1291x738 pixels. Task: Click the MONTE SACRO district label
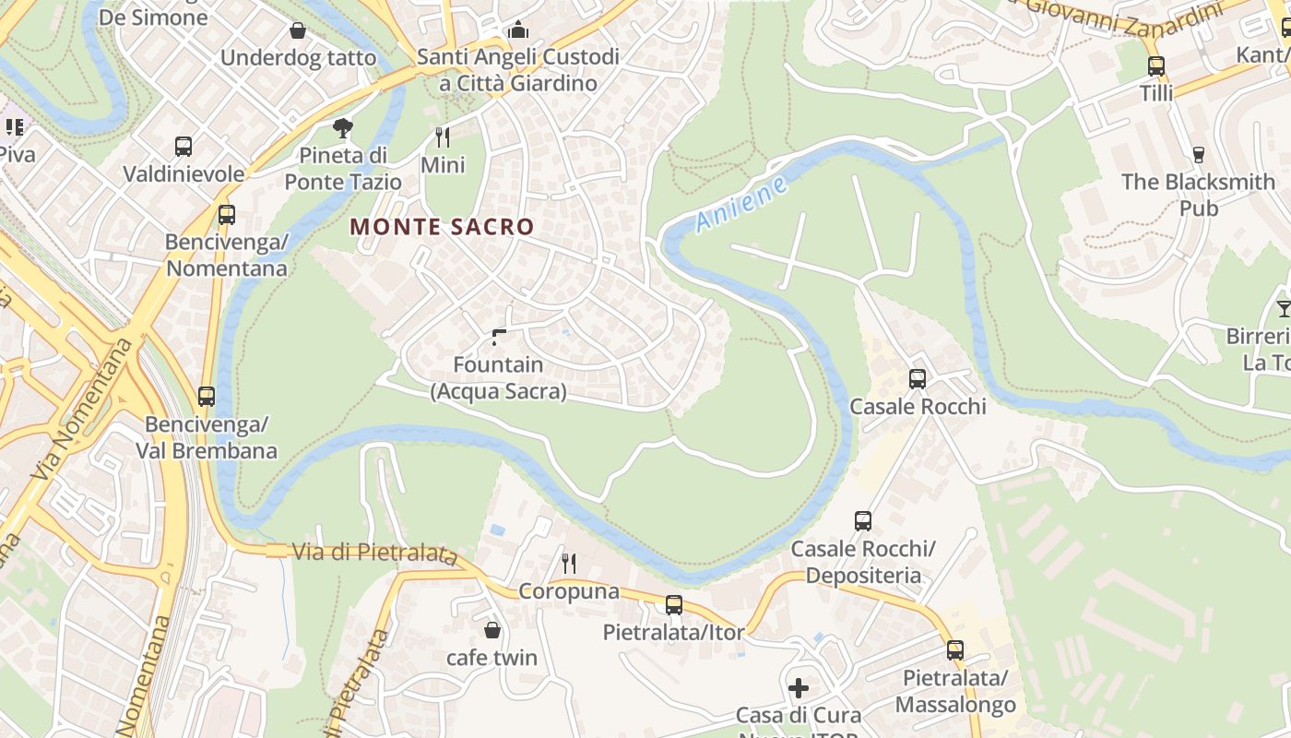tap(442, 227)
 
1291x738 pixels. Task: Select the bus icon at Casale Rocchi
tap(917, 379)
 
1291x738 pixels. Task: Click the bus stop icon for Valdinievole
tap(184, 147)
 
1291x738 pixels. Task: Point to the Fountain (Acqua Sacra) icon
tap(499, 338)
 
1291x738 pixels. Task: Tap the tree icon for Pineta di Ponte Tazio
tap(342, 127)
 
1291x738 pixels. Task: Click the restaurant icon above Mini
tap(443, 137)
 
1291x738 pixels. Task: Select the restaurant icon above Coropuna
tap(569, 563)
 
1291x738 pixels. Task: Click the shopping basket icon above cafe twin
tap(492, 630)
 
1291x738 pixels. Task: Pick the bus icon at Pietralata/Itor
tap(674, 605)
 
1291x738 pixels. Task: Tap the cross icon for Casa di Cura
tap(799, 688)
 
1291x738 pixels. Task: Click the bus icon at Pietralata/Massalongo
tap(954, 650)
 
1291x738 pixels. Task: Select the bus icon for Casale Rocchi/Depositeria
tap(862, 521)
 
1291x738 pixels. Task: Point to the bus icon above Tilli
tap(1155, 66)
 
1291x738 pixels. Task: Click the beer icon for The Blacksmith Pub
tap(1198, 155)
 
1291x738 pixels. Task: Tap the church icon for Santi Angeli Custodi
tap(518, 30)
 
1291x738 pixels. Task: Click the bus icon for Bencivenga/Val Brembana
tap(207, 397)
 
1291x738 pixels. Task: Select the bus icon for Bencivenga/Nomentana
tap(226, 215)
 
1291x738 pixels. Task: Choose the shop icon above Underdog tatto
tap(298, 31)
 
